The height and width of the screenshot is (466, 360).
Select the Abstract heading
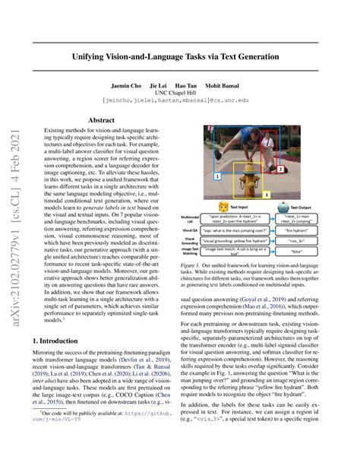click(x=102, y=119)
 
